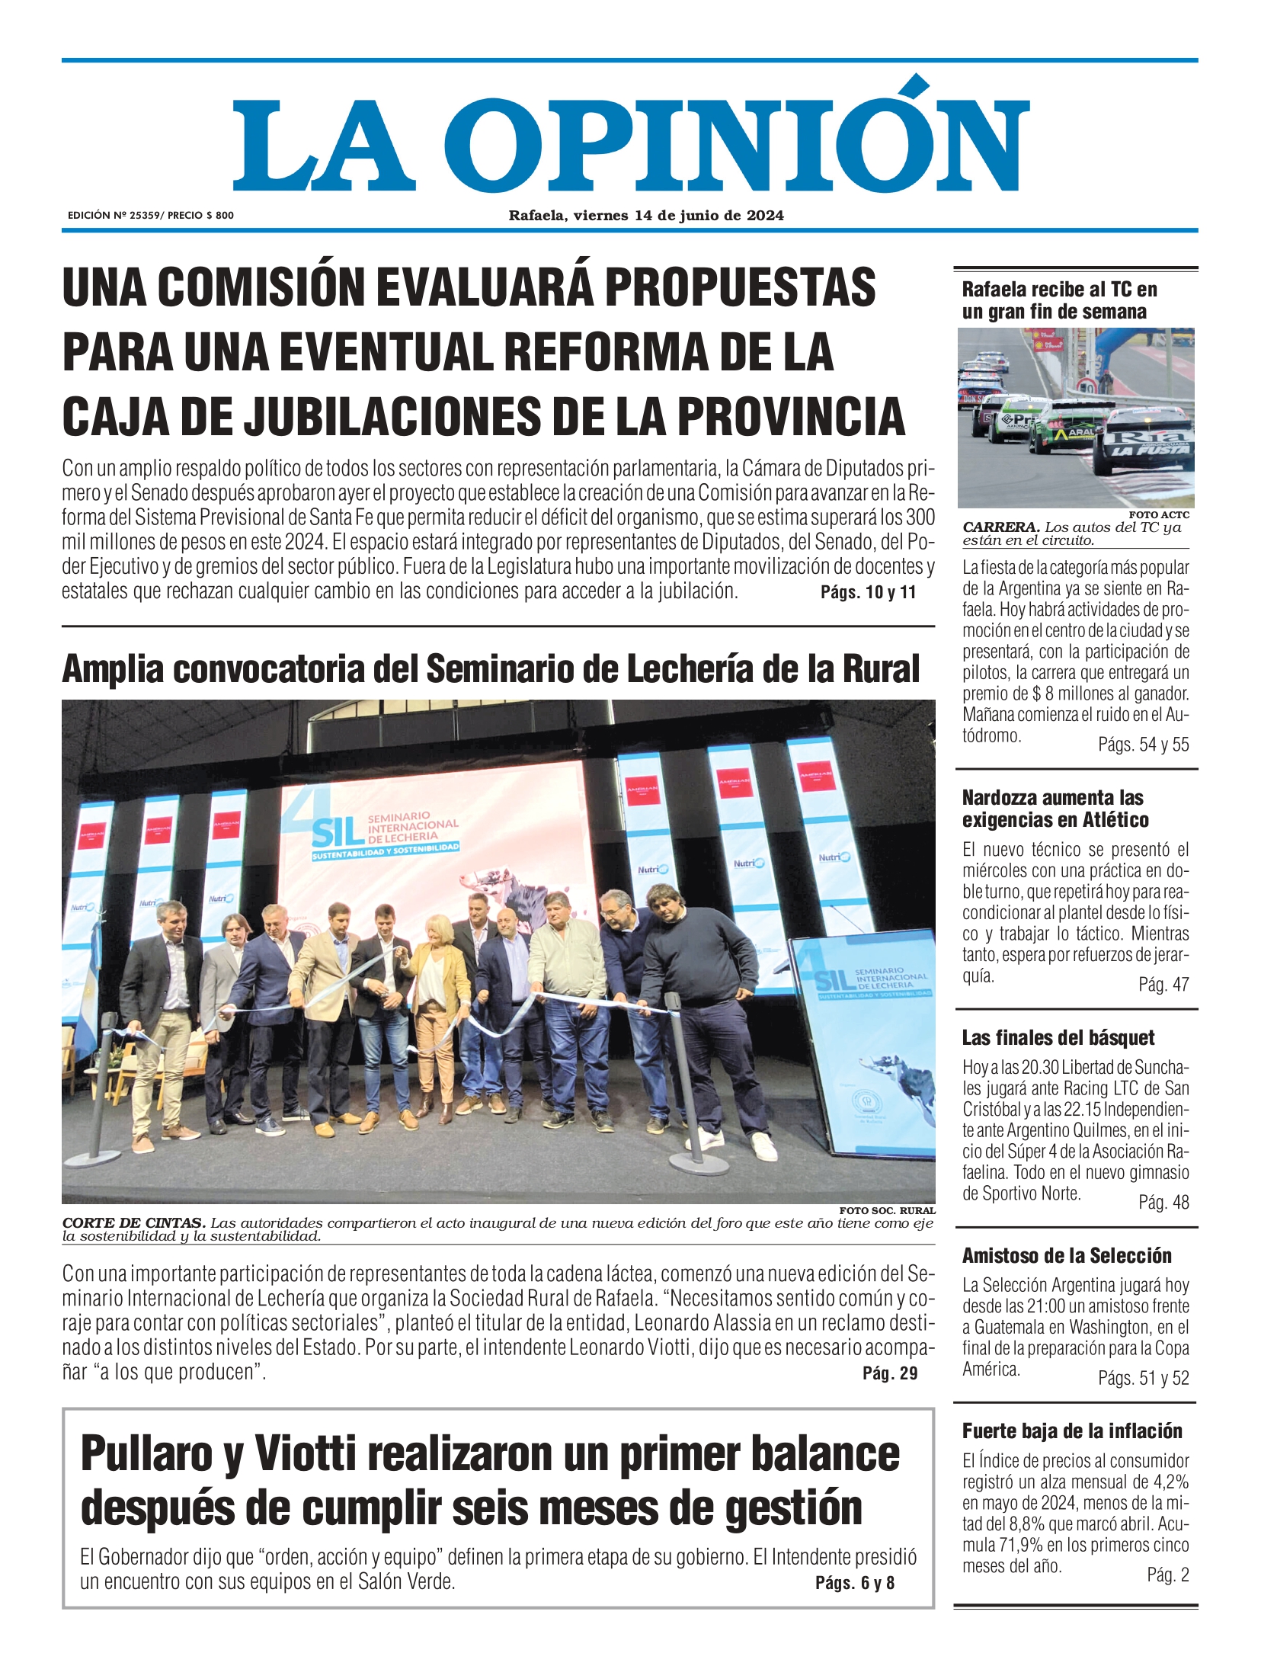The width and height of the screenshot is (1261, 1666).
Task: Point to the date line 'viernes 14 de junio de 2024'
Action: [x=678, y=216]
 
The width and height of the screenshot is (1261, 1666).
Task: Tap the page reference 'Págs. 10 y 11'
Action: [x=868, y=592]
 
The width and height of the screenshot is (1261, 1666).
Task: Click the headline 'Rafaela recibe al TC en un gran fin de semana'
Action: [x=1059, y=300]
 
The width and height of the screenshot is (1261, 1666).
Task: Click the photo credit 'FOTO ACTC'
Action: [x=1158, y=515]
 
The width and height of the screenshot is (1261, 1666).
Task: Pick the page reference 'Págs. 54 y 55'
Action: [x=1143, y=745]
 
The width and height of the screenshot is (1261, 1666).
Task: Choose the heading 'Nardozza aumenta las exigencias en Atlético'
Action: [x=1055, y=809]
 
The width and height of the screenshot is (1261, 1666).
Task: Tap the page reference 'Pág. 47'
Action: [x=1163, y=985]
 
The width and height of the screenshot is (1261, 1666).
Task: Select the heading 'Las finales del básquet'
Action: [x=1058, y=1038]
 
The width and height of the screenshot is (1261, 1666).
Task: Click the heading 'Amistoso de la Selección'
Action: [x=1067, y=1256]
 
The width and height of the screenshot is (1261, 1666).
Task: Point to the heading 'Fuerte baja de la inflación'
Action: [x=1072, y=1431]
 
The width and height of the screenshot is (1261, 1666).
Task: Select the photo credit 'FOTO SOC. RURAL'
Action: [x=887, y=1210]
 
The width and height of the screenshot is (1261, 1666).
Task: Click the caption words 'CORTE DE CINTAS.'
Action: [x=133, y=1223]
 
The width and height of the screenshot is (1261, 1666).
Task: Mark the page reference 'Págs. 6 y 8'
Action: [x=854, y=1583]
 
